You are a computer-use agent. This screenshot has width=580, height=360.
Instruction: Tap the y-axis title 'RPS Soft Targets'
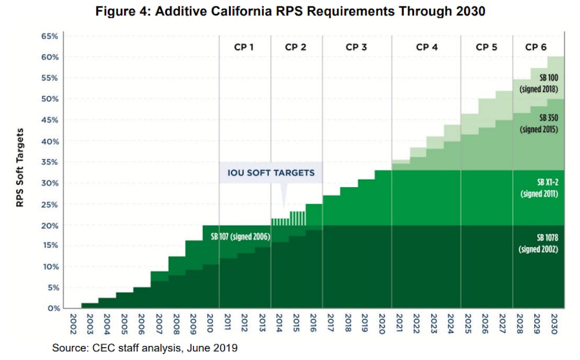coord(20,168)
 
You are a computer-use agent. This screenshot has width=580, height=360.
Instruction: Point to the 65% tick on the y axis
coord(49,36)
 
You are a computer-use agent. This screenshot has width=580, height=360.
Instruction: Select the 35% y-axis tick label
coord(49,162)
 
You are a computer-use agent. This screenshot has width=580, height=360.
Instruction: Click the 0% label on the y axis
coord(53,308)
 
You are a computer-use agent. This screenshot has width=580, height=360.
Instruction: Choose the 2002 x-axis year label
coord(73,324)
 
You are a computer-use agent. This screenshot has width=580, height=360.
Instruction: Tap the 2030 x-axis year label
coord(554,324)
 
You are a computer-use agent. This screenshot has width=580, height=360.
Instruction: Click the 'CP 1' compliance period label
coord(244,48)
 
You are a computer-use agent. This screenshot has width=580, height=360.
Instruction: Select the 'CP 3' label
coord(356,48)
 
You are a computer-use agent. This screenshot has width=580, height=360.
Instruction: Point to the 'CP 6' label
coord(535,48)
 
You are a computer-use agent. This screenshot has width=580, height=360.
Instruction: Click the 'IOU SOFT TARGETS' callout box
coord(271,173)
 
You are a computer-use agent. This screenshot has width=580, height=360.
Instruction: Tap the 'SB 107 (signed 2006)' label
coord(241,237)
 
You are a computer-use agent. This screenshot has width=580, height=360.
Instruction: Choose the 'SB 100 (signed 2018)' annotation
coord(539,83)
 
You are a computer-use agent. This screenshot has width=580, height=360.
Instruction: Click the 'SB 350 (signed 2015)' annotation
coord(539,123)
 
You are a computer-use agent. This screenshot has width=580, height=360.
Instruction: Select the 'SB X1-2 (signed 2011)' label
coord(539,188)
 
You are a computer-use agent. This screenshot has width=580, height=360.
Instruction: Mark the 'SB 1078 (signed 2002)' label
coord(538,243)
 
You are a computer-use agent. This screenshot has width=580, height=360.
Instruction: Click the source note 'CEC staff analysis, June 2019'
coord(165,348)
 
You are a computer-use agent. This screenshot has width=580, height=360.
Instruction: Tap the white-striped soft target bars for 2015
coord(298,219)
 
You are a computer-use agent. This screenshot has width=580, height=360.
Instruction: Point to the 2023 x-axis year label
coord(433,324)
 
